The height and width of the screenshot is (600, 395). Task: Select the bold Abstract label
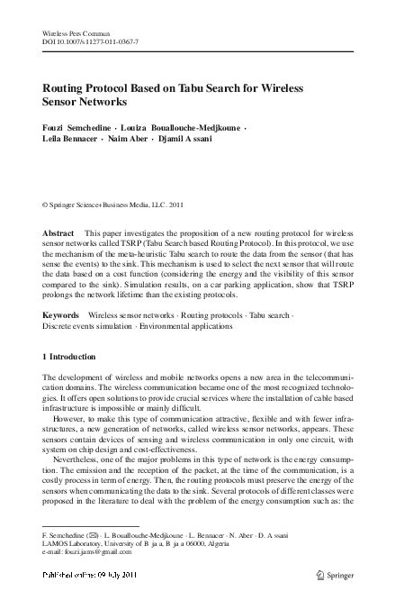(x=59, y=233)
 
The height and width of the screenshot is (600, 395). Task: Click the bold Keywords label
(x=62, y=316)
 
